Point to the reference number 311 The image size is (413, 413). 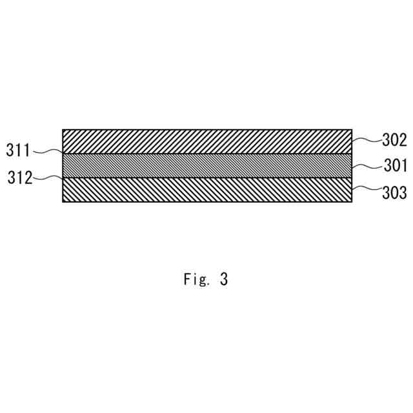19,151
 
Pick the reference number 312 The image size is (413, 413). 20,177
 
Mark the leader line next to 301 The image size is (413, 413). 366,166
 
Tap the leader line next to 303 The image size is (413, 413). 366,190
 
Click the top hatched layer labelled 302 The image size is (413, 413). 206,141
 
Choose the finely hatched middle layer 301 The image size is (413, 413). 206,166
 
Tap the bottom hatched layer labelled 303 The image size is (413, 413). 206,190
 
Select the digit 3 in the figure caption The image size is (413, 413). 223,279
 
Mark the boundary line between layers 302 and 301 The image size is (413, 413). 206,154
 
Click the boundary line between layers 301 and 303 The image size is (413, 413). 206,177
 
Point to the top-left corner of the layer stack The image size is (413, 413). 63,130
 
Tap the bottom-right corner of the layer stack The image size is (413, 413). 352,202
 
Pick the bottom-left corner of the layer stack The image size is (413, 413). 63,202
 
